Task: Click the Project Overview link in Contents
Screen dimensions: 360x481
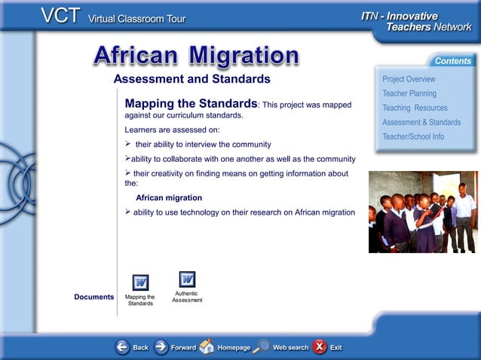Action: pos(408,79)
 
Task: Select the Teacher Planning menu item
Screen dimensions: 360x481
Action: pos(409,93)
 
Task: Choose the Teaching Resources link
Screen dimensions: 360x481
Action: pos(415,108)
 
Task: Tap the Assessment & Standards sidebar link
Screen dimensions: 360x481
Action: pos(421,122)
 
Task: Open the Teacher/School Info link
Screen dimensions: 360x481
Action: pos(412,136)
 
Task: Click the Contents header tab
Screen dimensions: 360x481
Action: pos(452,61)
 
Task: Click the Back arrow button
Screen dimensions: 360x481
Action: pos(122,347)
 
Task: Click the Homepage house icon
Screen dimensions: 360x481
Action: pos(206,346)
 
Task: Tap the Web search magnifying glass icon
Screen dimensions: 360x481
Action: pos(262,346)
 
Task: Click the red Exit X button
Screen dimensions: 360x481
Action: pos(320,346)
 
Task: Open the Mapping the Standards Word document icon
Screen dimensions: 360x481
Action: pos(140,282)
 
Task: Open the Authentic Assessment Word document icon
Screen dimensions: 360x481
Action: pos(187,279)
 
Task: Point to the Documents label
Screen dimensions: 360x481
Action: pos(93,297)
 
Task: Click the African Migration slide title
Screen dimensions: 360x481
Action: pos(196,55)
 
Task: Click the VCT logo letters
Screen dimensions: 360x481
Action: pos(61,17)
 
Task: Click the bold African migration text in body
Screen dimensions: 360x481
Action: pos(168,197)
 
